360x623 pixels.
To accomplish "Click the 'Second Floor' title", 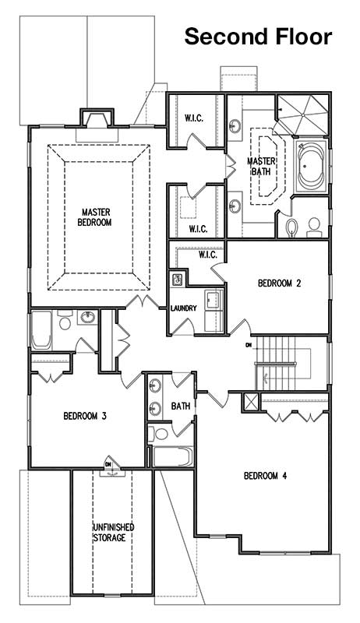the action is click(258, 37).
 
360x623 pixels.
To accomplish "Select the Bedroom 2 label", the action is click(279, 283).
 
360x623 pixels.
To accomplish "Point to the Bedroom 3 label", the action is click(85, 416).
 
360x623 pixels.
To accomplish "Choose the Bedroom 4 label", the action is click(265, 476).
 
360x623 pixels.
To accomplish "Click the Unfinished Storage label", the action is click(114, 533).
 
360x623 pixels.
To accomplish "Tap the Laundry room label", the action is click(184, 308).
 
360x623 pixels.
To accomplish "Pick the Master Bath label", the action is click(261, 167).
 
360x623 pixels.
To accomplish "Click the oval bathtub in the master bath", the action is click(312, 167).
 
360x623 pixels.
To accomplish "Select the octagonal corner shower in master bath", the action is click(302, 114).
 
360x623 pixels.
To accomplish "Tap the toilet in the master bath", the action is click(291, 227).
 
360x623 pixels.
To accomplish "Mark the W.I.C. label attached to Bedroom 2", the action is click(208, 255).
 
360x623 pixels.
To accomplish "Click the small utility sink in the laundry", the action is click(177, 279).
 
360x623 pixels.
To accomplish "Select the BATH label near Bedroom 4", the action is click(181, 406).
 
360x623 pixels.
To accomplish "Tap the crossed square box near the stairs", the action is click(250, 402).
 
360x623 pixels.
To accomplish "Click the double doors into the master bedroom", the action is click(143, 302).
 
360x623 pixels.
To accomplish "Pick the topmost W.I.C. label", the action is click(194, 118).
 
